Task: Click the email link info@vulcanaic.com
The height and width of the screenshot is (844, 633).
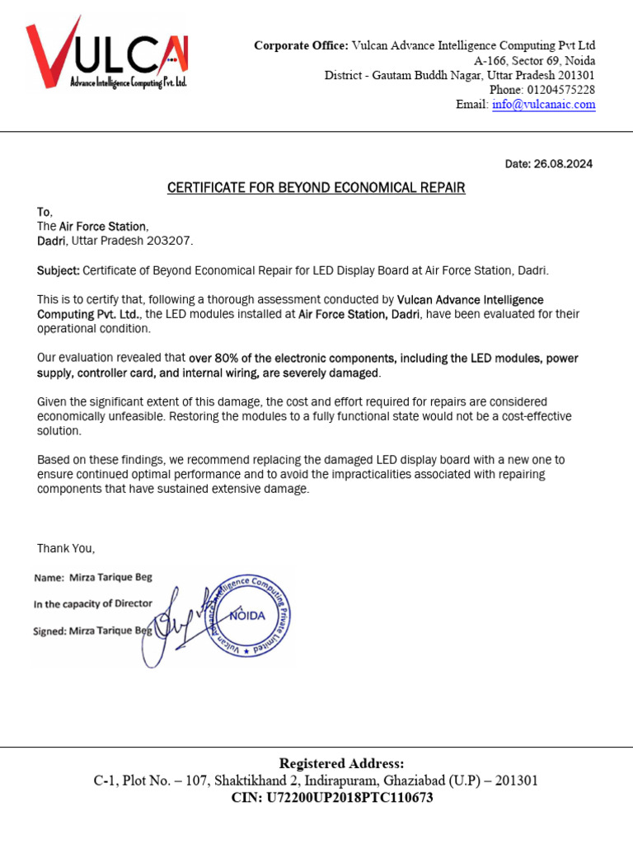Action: click(x=543, y=105)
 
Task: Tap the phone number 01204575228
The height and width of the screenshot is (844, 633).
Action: click(x=558, y=90)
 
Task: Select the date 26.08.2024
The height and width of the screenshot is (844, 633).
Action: click(x=563, y=164)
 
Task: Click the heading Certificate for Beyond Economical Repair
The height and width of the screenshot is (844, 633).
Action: click(x=316, y=188)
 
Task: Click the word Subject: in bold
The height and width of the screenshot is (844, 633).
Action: click(x=59, y=270)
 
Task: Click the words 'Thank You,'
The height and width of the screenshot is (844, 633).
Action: click(x=66, y=548)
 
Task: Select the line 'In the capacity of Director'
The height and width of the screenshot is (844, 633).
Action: click(x=92, y=603)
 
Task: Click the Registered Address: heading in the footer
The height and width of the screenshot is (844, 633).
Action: click(x=341, y=763)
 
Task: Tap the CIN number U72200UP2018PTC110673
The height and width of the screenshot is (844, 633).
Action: click(x=346, y=798)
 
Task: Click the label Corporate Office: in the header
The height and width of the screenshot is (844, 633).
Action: click(x=301, y=45)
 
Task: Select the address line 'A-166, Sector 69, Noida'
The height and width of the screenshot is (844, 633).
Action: click(x=534, y=61)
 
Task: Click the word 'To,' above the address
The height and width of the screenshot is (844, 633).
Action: click(x=45, y=212)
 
